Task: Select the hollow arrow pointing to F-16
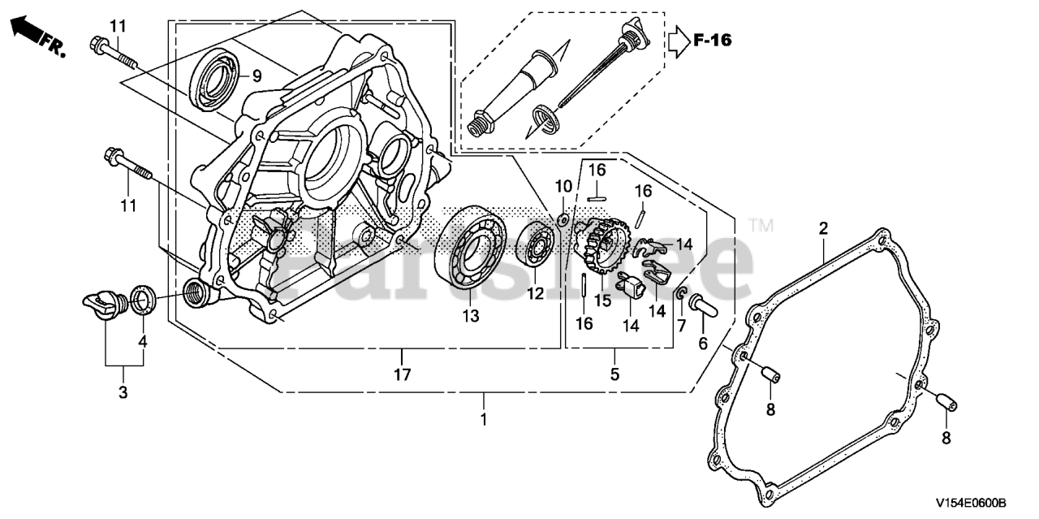[677, 40]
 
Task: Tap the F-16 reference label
[712, 40]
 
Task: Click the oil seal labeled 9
[216, 77]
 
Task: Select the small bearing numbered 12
[537, 243]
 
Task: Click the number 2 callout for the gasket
[823, 229]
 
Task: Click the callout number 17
[403, 375]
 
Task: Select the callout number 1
[484, 420]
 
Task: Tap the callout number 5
[614, 374]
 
